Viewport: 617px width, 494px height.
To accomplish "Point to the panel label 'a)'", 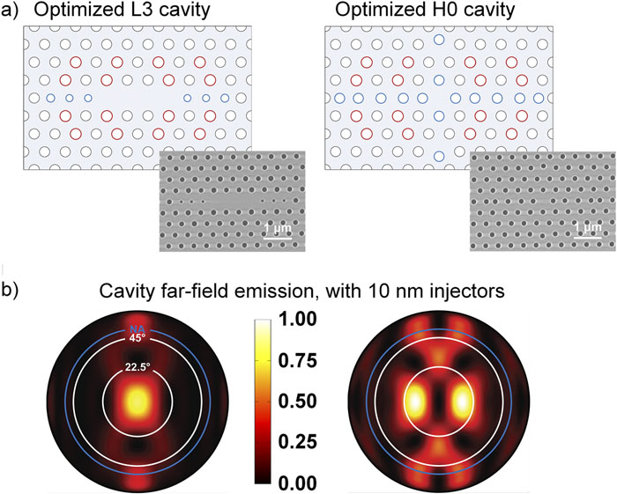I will click(x=15, y=11).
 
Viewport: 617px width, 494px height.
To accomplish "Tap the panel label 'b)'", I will click(x=15, y=287).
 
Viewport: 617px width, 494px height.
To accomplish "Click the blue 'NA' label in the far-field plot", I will click(x=136, y=330).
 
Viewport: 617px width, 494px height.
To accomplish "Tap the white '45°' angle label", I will click(x=136, y=339).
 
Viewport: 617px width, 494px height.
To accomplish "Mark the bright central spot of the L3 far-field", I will click(x=136, y=402).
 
